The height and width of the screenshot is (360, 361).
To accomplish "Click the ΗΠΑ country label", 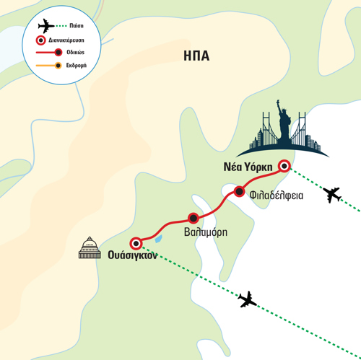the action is click(x=196, y=56).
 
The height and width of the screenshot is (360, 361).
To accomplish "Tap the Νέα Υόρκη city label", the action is click(x=248, y=167).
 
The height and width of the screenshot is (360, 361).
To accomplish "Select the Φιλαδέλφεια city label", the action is click(x=277, y=196).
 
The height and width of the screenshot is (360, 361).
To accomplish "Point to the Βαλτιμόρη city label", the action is click(x=206, y=232).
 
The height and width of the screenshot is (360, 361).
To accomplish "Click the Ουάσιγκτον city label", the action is click(x=132, y=255).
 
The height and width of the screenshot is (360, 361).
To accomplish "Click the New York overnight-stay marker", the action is click(x=284, y=166).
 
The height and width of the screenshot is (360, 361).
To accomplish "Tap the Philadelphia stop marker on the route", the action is click(x=239, y=192).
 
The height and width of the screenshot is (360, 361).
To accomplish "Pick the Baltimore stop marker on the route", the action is click(x=193, y=218).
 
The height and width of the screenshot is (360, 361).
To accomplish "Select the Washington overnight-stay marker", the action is click(x=136, y=244).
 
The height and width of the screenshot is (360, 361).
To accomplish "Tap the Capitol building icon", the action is click(x=90, y=247).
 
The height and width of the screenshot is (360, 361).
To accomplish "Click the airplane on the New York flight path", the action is click(x=332, y=194).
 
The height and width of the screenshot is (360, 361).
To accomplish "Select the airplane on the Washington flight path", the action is click(x=247, y=299).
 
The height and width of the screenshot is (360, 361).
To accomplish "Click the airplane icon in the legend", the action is click(x=46, y=26).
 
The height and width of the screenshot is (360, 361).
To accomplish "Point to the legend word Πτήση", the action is click(x=77, y=26).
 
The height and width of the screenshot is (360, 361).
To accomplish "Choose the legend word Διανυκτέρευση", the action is click(x=66, y=40).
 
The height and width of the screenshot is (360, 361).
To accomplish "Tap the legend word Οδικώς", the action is click(x=75, y=52).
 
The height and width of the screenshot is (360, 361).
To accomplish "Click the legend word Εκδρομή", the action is click(x=77, y=66).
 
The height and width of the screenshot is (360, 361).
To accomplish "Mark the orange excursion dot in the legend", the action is click(x=58, y=66).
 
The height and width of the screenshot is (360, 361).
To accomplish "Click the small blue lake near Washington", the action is click(x=158, y=239).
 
